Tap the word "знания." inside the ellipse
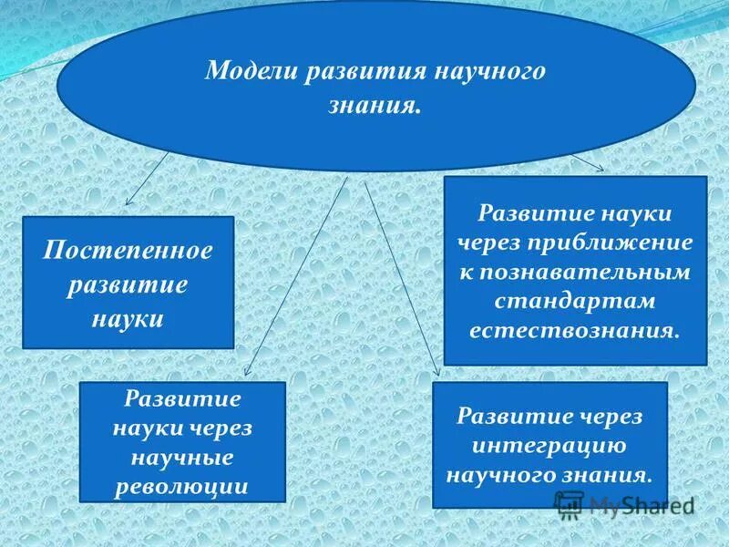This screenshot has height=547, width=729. point(375,107)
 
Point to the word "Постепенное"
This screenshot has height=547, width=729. point(128,250)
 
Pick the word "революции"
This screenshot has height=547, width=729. point(183,486)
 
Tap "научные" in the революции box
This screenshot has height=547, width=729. point(183,457)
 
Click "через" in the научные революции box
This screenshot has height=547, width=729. point(224,428)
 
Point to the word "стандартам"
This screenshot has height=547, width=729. point(575,300)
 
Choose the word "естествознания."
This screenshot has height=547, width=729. point(575,328)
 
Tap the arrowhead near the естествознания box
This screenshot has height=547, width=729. point(599,167)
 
